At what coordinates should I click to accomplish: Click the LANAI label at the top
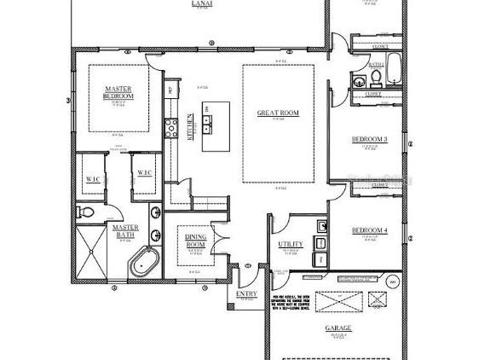coord(202,3)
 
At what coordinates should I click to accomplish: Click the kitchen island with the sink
coord(215,126)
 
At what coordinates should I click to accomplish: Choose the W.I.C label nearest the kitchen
coord(144,173)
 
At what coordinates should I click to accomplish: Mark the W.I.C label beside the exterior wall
coord(92,179)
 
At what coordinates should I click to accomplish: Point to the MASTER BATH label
coord(125,231)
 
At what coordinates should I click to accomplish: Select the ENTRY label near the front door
coord(246,294)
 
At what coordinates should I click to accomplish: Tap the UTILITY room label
coord(290,245)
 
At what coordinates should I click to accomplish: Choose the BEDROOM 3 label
coord(370,139)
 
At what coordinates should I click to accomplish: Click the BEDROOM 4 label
coord(370,230)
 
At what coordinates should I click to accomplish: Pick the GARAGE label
coord(338,328)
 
